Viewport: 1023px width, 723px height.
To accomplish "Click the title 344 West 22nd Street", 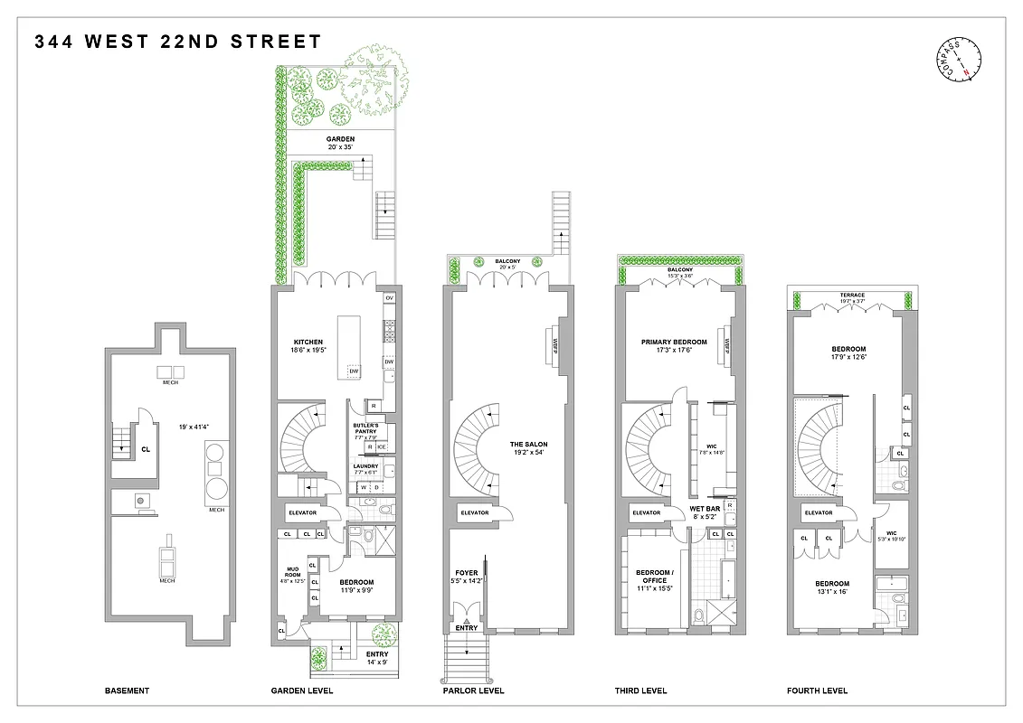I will pos(178,42).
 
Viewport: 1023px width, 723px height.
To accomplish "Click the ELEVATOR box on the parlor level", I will pos(475,513).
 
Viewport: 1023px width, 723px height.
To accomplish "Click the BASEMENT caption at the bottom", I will pos(127,691).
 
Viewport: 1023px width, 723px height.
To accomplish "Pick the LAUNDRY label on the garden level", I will pos(365,466).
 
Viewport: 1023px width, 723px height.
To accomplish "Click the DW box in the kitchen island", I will pos(354,371).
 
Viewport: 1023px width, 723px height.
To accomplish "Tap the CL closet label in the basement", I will pos(145,447).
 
